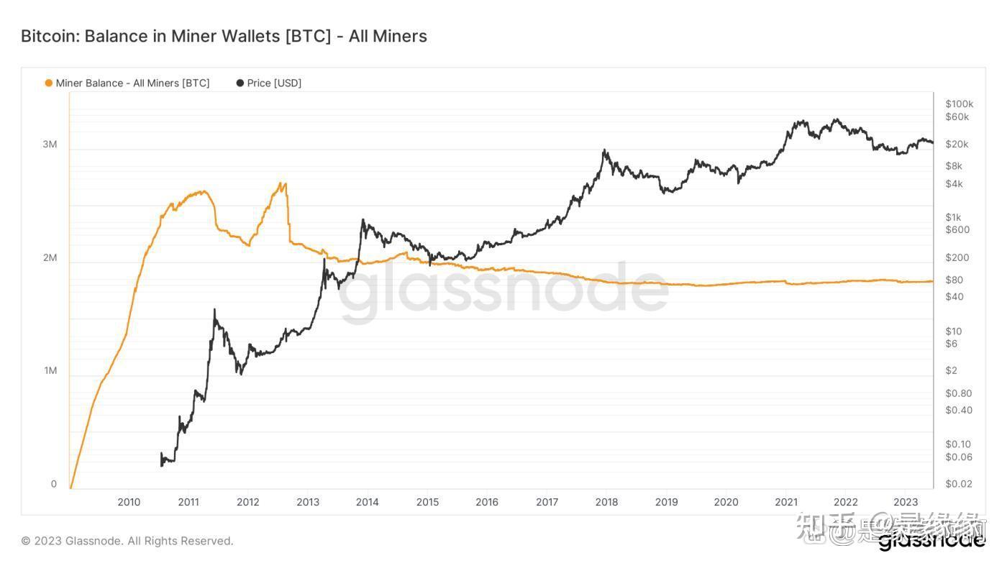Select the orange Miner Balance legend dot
49,83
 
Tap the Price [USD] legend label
274,83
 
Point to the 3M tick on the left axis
50,145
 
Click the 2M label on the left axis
50,257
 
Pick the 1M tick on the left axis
50,371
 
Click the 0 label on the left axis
54,484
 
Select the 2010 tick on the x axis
129,502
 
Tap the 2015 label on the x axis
427,502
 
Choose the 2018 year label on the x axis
606,502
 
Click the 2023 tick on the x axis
905,502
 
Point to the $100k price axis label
960,104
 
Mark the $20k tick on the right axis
957,145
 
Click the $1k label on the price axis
953,217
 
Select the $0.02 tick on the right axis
958,484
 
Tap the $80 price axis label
954,280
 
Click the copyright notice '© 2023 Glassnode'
127,541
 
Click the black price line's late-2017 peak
605,150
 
